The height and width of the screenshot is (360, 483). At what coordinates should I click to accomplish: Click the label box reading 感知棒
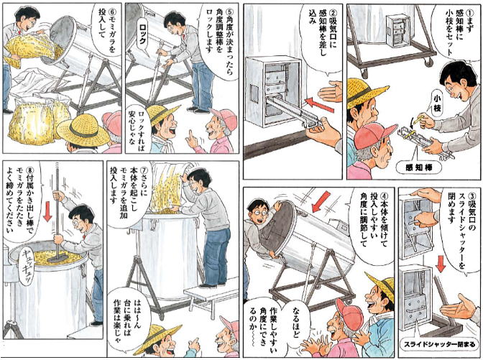click(x=418, y=168)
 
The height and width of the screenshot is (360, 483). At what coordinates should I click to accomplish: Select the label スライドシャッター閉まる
click(x=440, y=344)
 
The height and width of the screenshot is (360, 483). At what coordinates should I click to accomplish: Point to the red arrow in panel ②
click(x=319, y=106)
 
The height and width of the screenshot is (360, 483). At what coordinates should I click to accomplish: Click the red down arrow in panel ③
click(x=441, y=263)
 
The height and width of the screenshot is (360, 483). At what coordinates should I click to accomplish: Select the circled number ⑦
click(x=144, y=170)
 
